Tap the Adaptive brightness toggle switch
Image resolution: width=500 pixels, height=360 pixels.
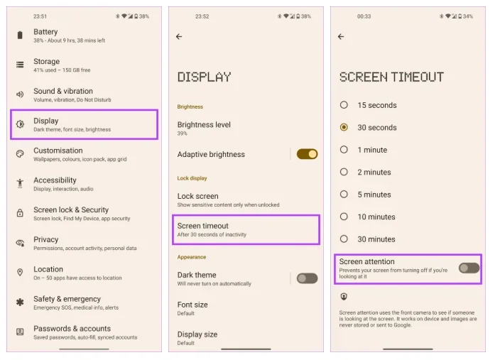[307, 154]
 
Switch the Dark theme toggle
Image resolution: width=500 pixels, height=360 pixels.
[307, 278]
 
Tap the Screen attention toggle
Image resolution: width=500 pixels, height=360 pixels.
[469, 268]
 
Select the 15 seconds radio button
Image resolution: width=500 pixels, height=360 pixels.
[344, 105]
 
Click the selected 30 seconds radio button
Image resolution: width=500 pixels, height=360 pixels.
[344, 127]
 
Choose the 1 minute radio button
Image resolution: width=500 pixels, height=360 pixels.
[344, 150]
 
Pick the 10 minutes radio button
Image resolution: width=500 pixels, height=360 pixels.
[344, 217]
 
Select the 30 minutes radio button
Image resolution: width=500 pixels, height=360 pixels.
[344, 239]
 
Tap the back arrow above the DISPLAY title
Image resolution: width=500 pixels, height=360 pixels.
[179, 37]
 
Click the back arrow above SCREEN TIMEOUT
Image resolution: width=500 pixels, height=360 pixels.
[341, 37]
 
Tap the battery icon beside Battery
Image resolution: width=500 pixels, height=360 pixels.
[20, 35]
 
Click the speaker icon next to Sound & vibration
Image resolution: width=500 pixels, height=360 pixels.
[20, 94]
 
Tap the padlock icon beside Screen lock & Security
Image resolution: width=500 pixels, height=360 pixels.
[20, 213]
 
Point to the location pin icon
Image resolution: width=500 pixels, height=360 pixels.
[20, 273]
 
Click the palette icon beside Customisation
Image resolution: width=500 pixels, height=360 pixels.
[20, 154]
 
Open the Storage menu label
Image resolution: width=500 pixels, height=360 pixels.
[47, 62]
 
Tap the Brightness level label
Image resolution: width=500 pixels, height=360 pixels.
[204, 125]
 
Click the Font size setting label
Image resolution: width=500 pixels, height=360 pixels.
[192, 305]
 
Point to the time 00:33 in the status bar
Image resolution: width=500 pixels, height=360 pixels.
[364, 16]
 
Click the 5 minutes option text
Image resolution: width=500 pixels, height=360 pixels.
[374, 195]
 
